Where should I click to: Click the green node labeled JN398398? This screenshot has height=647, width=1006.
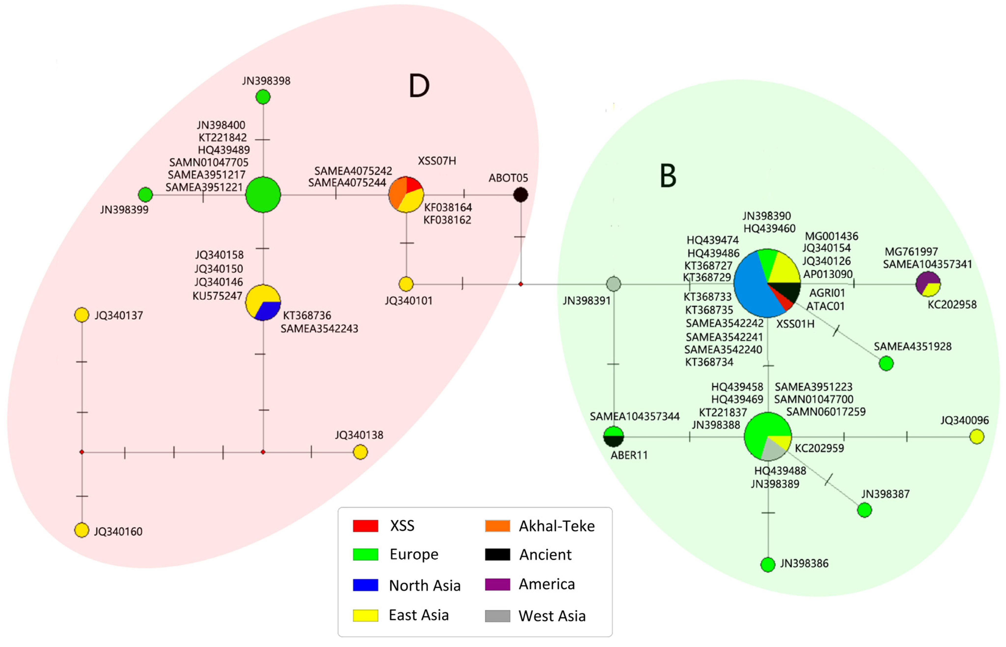(263, 97)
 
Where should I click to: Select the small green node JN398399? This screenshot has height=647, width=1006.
(146, 194)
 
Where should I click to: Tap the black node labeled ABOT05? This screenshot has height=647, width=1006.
(521, 194)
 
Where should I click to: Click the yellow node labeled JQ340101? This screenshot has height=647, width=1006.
(406, 284)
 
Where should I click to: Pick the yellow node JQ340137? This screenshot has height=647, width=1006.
(81, 315)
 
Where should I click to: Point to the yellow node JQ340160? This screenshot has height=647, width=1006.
(81, 530)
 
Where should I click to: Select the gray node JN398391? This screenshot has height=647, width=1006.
(613, 284)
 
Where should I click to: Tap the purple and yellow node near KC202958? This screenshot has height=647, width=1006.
(928, 284)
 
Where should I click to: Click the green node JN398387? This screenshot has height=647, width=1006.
(864, 510)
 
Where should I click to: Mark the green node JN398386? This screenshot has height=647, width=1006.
(768, 565)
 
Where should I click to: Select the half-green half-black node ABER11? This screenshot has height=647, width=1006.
(613, 437)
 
